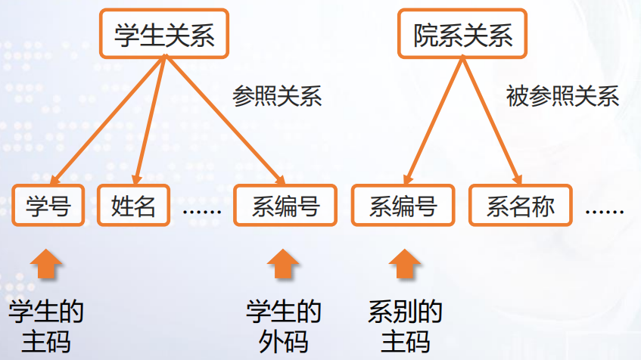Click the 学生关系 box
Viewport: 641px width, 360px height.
[x=163, y=35]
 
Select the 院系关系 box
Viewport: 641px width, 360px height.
[x=462, y=35]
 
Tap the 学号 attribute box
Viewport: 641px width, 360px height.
[x=48, y=206]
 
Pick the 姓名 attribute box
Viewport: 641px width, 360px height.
[x=133, y=206]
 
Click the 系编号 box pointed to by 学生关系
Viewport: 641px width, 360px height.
[x=285, y=206]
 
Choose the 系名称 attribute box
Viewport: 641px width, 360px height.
[x=520, y=206]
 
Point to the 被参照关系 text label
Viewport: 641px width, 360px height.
[x=562, y=97]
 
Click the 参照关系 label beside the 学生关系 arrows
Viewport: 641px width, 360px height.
[x=277, y=97]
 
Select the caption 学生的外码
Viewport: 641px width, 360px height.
[x=284, y=326]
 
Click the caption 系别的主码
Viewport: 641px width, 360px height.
[x=405, y=326]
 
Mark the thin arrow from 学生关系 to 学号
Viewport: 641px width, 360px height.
[x=106, y=121]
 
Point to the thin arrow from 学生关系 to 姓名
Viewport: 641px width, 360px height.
[x=150, y=121]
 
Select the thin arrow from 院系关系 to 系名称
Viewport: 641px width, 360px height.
[x=490, y=121]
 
